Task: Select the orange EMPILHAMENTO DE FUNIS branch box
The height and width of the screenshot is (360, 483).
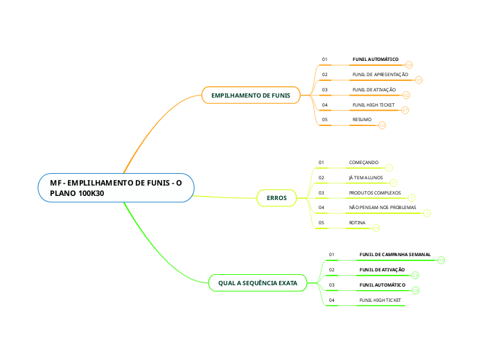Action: (250, 95)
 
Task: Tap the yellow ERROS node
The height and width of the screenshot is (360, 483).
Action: (276, 198)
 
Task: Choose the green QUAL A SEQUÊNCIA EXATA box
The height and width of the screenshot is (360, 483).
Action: (258, 283)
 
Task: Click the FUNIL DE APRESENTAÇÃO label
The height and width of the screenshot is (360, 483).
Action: (380, 74)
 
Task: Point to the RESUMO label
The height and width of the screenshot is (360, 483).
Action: (362, 120)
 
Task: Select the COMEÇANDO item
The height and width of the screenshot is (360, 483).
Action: (363, 163)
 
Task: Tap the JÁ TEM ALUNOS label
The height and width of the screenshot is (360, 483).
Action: (365, 177)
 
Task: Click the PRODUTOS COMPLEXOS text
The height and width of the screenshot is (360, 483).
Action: (375, 192)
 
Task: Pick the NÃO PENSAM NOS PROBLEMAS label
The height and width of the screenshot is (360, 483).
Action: (383, 208)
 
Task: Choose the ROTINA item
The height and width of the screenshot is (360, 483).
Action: (357, 223)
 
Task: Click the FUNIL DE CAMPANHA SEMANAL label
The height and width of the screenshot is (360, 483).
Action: (395, 254)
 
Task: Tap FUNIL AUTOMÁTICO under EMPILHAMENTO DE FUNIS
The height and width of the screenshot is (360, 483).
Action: (375, 60)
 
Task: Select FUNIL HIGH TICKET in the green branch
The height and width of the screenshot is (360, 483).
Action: (380, 300)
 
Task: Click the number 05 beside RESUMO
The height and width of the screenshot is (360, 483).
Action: (324, 120)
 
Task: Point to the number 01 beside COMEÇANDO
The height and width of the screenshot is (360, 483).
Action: (322, 163)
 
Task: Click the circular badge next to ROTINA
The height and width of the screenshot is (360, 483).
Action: (376, 228)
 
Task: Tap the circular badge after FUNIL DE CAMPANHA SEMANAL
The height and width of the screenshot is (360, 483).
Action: (441, 260)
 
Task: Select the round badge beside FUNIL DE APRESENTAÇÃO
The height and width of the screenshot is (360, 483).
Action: (419, 80)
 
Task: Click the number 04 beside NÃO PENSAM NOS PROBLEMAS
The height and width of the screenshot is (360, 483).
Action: (322, 208)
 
